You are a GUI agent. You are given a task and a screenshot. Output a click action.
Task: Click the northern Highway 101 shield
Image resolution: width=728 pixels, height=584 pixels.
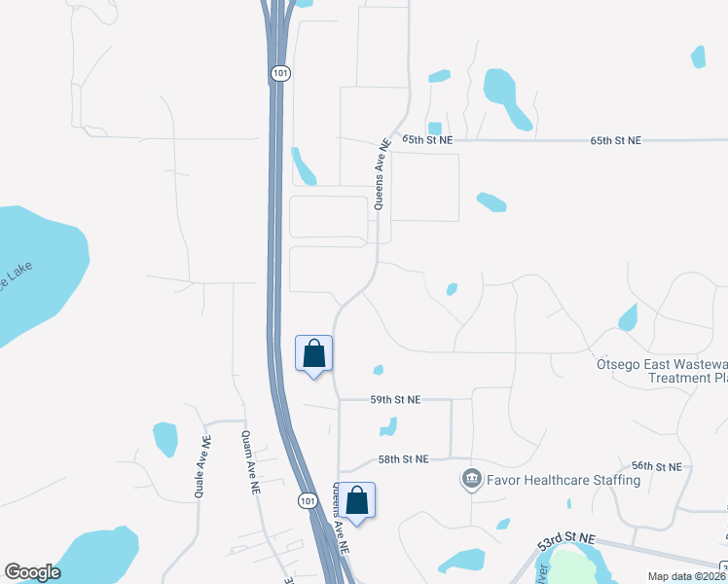tap(279, 74)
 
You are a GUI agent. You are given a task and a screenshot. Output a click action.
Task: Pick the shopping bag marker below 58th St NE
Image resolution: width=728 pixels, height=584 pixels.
tap(357, 500)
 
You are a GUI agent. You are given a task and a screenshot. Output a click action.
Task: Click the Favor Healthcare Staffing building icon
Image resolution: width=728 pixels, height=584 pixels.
tap(472, 479)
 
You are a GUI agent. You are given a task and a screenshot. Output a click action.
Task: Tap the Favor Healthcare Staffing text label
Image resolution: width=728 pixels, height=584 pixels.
tap(563, 480)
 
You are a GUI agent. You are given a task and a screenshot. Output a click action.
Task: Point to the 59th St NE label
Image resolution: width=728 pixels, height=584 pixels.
tap(395, 399)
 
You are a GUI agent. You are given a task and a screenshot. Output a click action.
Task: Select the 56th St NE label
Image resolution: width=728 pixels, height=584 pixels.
tap(656, 467)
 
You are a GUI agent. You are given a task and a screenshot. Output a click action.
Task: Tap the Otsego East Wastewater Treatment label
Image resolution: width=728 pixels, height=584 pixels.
tap(662, 371)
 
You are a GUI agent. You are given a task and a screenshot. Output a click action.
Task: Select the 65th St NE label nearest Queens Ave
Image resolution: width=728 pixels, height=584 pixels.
tap(429, 140)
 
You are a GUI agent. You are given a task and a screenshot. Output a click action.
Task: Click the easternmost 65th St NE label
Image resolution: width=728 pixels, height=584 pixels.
tap(616, 140)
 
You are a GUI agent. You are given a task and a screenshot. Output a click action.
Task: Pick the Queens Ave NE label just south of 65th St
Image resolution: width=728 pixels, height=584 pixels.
tap(382, 173)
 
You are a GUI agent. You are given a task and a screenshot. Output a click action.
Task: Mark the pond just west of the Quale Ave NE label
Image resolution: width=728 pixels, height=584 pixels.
tap(165, 438)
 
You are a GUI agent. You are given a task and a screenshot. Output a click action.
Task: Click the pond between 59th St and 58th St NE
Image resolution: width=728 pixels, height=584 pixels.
tap(388, 426)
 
